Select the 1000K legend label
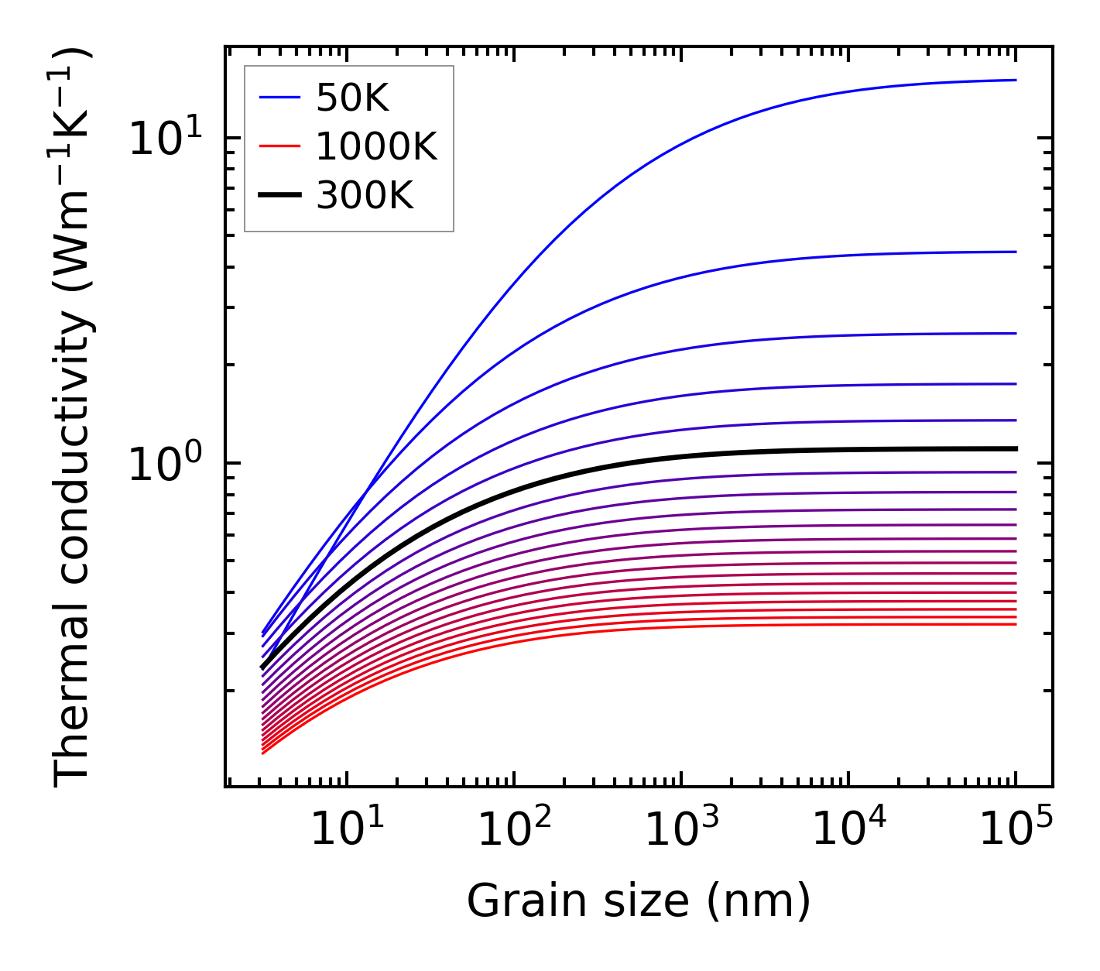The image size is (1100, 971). [x=376, y=146]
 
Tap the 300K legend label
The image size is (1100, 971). [x=365, y=196]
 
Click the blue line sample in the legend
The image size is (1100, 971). [x=279, y=98]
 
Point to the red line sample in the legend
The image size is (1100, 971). [x=279, y=146]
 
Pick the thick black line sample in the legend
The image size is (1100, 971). [x=279, y=196]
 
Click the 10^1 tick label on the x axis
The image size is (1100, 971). [x=346, y=831]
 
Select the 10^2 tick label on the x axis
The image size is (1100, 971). [x=514, y=831]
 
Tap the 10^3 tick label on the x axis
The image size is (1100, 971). [x=681, y=831]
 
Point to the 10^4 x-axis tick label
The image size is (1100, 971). [x=848, y=831]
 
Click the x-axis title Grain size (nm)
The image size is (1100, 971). [x=639, y=901]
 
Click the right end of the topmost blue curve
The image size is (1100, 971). [x=1015, y=80]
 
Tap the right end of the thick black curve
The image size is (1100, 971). [x=1015, y=448]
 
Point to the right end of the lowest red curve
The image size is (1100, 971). [x=1015, y=624]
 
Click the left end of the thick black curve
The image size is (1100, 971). [x=263, y=667]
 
